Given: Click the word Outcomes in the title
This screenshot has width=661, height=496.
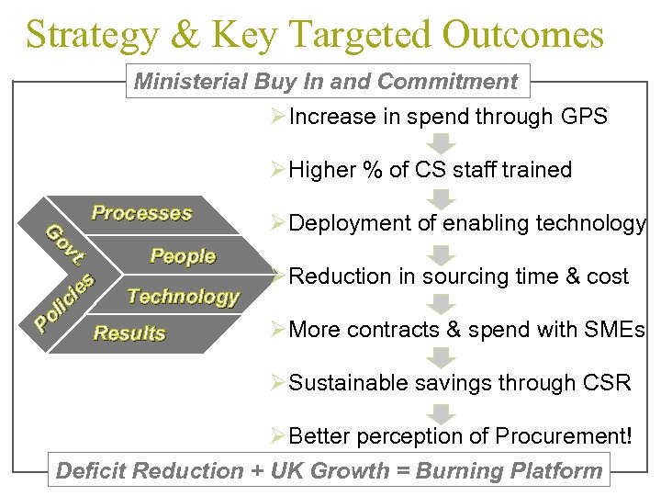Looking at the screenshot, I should click(523, 35).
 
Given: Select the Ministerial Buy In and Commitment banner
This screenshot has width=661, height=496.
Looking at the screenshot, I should click(326, 82).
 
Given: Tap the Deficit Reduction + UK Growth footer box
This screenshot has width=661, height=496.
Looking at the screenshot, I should click(329, 471).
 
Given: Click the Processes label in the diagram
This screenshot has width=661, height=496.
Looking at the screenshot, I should click(141, 213).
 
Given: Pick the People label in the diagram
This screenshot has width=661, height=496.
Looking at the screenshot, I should click(183, 256).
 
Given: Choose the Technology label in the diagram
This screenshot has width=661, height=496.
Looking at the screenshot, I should click(183, 296).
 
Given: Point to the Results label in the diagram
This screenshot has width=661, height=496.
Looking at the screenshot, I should click(129, 333).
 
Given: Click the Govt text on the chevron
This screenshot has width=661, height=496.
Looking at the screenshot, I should click(65, 244).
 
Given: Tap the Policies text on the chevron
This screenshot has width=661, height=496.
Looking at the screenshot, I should click(63, 302).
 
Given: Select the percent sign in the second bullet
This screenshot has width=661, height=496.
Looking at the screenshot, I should click(370, 170).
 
